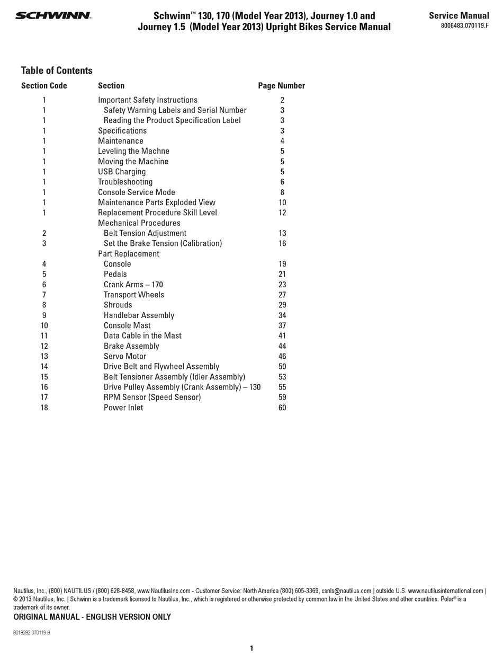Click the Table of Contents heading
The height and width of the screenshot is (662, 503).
click(57, 70)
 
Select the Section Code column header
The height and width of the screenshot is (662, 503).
click(44, 85)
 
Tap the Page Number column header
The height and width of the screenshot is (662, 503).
click(281, 85)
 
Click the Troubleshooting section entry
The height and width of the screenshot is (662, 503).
click(125, 182)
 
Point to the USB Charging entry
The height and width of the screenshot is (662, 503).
click(122, 172)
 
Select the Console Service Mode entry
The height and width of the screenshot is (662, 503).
click(136, 192)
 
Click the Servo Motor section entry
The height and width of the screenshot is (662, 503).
click(125, 356)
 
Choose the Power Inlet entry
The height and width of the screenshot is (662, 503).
click(123, 408)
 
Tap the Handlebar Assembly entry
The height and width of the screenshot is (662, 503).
click(139, 315)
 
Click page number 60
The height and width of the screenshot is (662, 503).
click(282, 408)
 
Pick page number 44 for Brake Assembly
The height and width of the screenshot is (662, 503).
click(282, 346)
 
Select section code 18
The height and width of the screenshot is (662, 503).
click(44, 408)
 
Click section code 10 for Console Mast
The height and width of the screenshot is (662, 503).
click(44, 325)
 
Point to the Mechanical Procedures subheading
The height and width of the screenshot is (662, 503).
click(139, 223)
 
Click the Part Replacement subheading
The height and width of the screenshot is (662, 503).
click(129, 254)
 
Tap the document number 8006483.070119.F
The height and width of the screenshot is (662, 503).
click(465, 25)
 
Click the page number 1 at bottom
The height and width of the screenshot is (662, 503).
click(251, 648)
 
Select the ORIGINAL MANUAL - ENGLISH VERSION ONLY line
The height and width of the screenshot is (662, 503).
click(92, 617)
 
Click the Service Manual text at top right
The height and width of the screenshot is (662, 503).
click(459, 15)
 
